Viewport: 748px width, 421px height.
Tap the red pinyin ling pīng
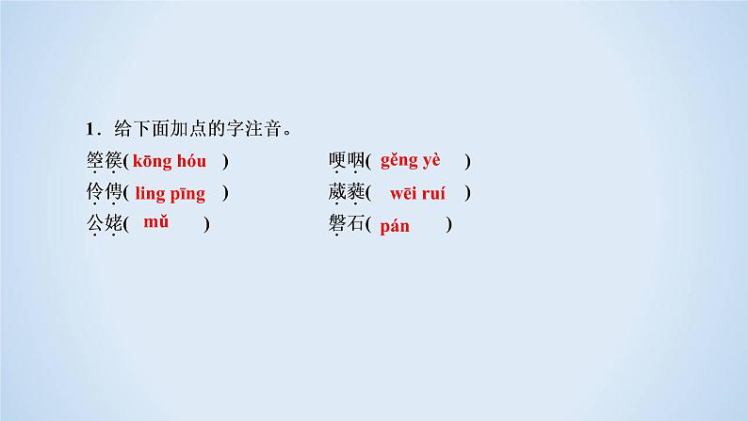click(x=170, y=193)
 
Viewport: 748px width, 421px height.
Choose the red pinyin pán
click(x=395, y=226)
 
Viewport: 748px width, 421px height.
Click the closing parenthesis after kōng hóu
click(x=225, y=161)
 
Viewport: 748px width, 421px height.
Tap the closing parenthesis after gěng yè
click(x=467, y=161)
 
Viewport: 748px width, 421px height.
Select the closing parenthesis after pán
click(x=449, y=225)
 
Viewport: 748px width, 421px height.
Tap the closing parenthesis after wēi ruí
click(x=467, y=193)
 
